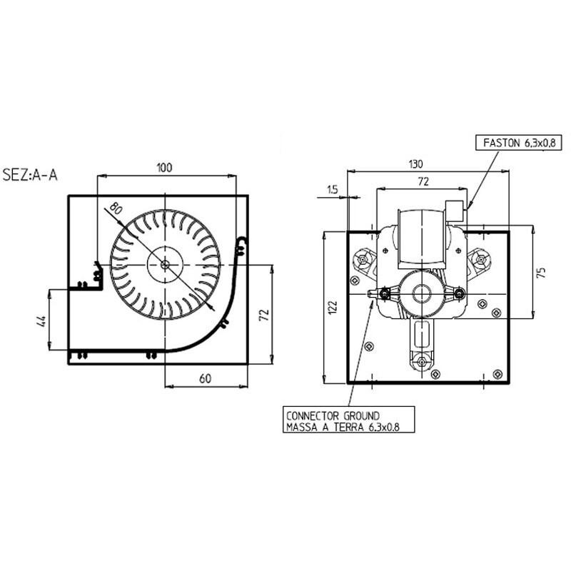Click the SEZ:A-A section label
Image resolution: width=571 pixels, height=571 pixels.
tap(30, 175)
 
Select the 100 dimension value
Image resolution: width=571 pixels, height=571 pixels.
tap(164, 168)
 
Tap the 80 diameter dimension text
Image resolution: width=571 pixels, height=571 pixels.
tap(116, 208)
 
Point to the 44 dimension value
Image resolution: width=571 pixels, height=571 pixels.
tap(42, 320)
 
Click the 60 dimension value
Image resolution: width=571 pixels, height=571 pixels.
tap(205, 378)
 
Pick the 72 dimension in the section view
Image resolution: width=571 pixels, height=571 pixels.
tap(263, 315)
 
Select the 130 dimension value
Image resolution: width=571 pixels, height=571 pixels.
tap(415, 164)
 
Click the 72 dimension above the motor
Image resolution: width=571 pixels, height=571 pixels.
tap(423, 181)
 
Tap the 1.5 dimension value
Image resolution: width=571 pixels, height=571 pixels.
tap(332, 190)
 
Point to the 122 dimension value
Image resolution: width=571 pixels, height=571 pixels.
tap(333, 307)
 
